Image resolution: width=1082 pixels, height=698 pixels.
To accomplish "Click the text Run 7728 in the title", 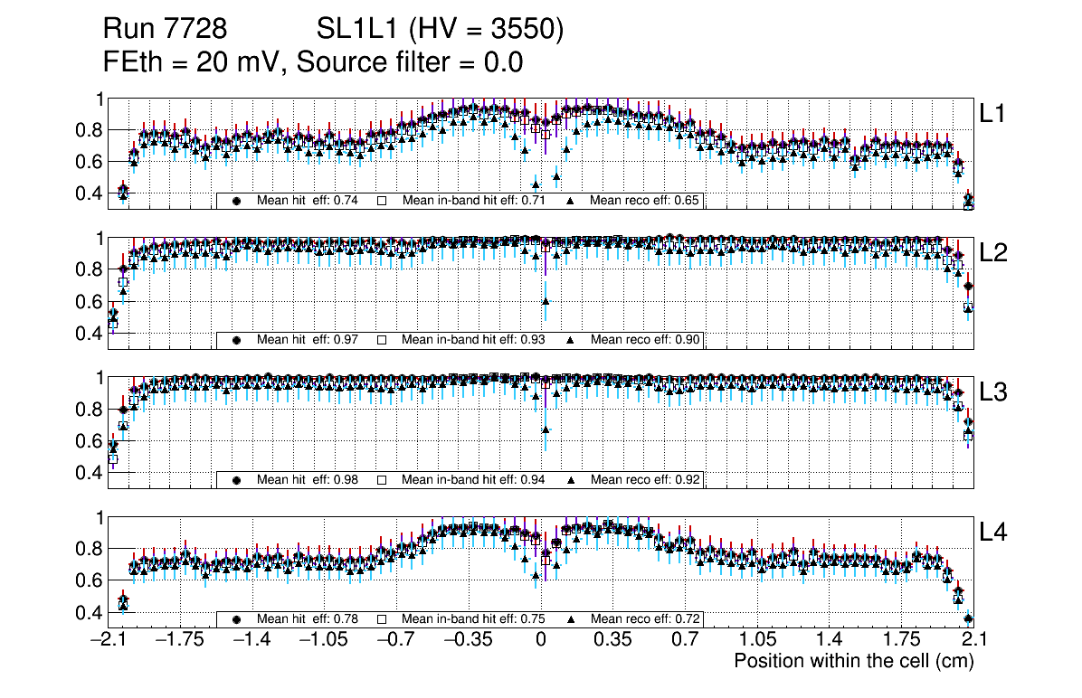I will point(164,30).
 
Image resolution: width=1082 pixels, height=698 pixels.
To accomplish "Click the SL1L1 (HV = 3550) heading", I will point(441,30).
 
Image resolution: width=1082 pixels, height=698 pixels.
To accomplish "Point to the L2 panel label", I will point(993,253).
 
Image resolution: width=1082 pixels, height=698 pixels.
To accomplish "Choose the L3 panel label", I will point(993,392).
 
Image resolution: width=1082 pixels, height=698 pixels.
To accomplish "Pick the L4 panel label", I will point(993,533).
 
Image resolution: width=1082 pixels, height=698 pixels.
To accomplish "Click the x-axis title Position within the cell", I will point(853,661).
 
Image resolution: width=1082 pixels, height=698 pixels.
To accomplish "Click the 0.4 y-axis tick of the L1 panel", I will point(88,193).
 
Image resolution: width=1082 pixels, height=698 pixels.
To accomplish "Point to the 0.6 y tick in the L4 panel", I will point(88,580).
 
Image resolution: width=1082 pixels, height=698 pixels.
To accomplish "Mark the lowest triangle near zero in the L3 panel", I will point(546,429).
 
